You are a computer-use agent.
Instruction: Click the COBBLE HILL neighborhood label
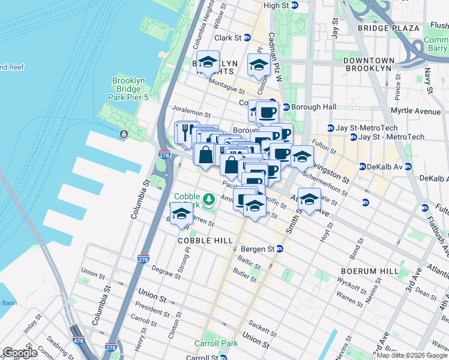point(205,240)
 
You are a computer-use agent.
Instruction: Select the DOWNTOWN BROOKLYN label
point(369,64)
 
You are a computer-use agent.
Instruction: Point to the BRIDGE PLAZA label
point(388,28)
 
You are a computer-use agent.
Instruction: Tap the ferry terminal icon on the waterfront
point(124,134)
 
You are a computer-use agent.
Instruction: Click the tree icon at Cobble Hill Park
point(208,199)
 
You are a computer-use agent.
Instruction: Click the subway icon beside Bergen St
point(279,249)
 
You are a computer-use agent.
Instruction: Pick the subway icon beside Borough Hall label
point(286,107)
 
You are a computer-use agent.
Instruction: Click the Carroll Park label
point(215,344)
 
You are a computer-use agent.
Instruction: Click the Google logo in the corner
point(20,353)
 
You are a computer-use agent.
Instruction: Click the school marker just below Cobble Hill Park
point(181,214)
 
